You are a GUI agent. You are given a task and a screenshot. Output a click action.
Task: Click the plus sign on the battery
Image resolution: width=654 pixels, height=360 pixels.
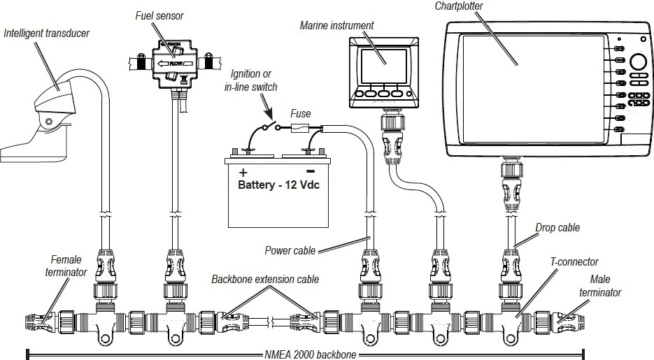[243, 173]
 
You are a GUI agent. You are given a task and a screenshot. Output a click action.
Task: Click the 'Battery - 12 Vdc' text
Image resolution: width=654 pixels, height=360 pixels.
[278, 187]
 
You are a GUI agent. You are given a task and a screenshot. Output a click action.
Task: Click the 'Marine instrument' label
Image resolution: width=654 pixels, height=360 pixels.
[336, 26]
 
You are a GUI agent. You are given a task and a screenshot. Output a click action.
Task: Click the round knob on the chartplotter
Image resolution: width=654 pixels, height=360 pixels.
[639, 61]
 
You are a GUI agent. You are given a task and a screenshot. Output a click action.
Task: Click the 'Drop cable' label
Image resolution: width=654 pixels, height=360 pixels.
[557, 228]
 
